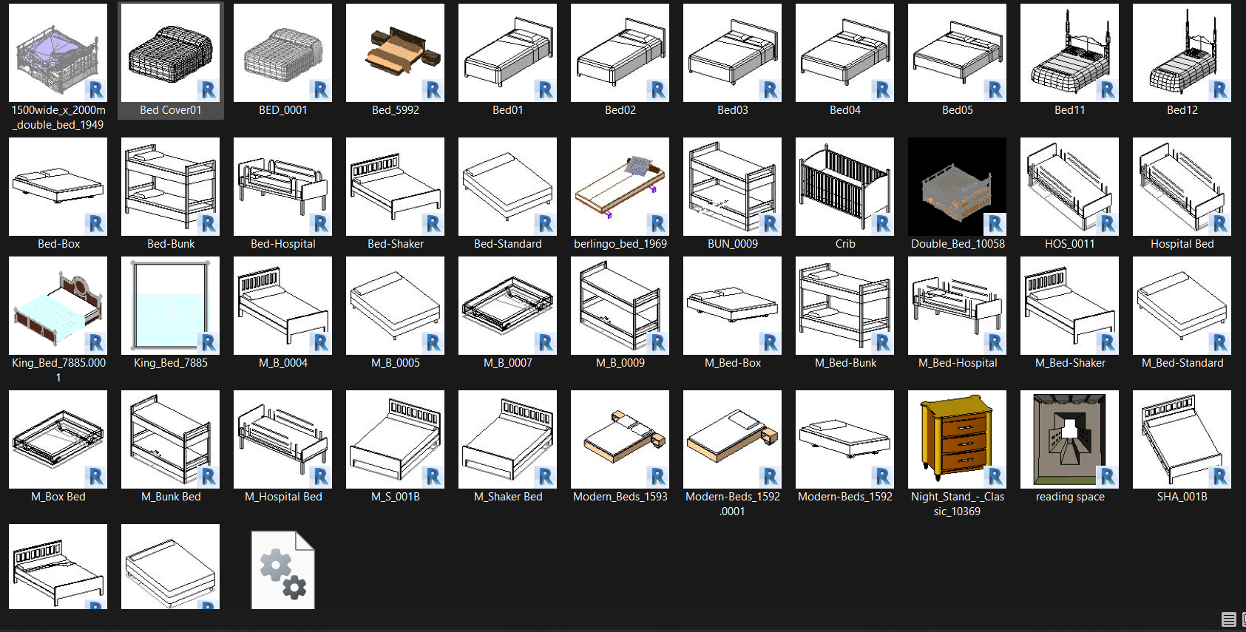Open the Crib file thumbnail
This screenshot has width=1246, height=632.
(x=844, y=186)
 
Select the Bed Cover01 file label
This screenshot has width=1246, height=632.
(x=170, y=110)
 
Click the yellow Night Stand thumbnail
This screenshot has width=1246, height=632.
(x=957, y=439)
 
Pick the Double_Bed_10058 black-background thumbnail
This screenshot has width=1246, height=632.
(x=957, y=186)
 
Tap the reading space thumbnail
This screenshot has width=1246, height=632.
(x=1069, y=439)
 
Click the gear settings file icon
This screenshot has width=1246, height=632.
(x=283, y=569)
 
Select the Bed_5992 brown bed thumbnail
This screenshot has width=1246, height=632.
(x=395, y=52)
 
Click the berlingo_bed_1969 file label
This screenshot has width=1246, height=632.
(x=620, y=244)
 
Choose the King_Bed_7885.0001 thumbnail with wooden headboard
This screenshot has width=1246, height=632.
(x=58, y=305)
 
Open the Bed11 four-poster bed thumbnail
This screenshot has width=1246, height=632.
(x=1069, y=52)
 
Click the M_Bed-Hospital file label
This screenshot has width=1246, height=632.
(x=957, y=363)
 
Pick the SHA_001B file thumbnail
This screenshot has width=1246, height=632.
(x=1182, y=439)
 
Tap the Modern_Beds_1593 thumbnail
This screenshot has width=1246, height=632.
(x=620, y=439)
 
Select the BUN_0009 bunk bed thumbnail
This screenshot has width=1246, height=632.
(x=732, y=186)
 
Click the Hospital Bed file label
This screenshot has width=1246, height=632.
(x=1182, y=244)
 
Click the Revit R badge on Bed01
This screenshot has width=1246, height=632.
(x=545, y=90)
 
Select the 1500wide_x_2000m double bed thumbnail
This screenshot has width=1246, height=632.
(x=58, y=52)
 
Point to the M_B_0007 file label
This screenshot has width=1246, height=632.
(x=507, y=363)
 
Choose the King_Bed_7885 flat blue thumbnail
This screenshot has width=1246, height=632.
(x=170, y=305)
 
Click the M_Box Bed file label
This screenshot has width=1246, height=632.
(x=58, y=497)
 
